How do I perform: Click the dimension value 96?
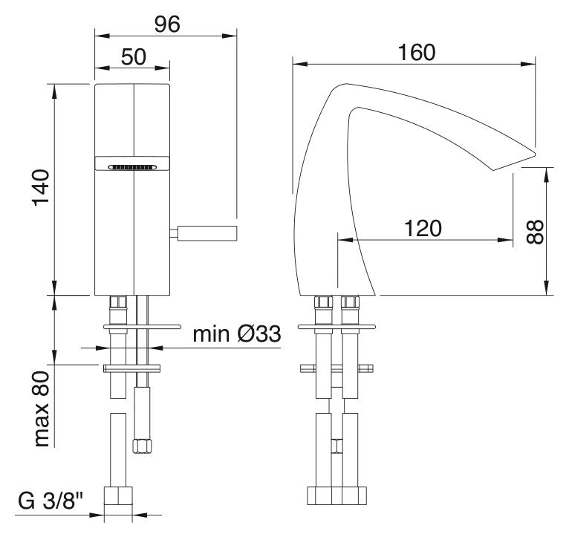(x=167, y=25)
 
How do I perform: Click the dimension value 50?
(x=134, y=57)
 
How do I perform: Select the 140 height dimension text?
(x=41, y=188)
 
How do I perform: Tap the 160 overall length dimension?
(x=417, y=53)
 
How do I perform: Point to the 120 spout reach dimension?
(x=423, y=228)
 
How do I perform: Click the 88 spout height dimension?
(x=535, y=232)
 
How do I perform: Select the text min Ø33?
(x=237, y=334)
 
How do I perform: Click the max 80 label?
(x=41, y=409)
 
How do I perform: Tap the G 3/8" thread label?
(x=51, y=502)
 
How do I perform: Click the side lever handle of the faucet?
(x=204, y=232)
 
